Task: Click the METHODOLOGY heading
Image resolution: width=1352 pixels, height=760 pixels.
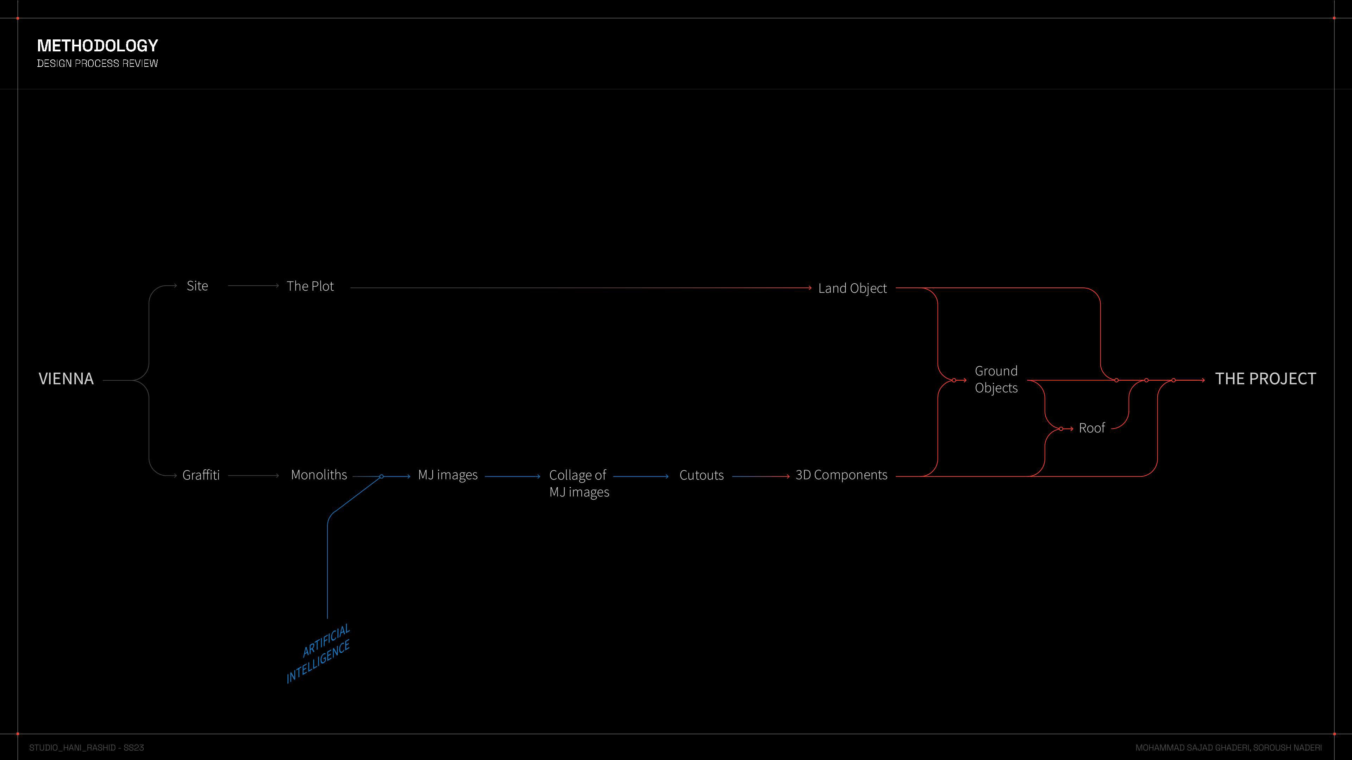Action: tap(97, 46)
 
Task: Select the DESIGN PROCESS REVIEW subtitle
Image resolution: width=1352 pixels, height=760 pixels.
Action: tap(97, 63)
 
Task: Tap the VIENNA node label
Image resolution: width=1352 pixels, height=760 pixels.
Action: tap(66, 379)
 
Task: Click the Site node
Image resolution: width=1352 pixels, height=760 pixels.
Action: tap(197, 286)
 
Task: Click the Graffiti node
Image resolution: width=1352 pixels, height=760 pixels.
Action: tap(201, 475)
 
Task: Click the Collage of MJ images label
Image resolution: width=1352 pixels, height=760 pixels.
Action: tap(579, 483)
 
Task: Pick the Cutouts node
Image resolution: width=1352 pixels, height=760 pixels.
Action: tap(701, 475)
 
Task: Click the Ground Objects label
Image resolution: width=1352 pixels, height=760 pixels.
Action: tap(996, 379)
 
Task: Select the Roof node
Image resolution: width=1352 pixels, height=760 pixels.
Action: tap(1092, 428)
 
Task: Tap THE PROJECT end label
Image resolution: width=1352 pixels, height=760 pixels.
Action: tap(1265, 379)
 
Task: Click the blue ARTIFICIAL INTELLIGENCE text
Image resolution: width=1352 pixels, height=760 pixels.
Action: tap(319, 653)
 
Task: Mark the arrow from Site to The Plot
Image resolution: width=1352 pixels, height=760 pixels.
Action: tap(254, 286)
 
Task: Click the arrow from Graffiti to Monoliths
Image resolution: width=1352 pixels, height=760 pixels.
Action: tap(254, 476)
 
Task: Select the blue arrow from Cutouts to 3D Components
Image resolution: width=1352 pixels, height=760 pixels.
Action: tap(760, 476)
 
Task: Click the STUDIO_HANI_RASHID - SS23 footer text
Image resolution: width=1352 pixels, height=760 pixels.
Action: tap(87, 747)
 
